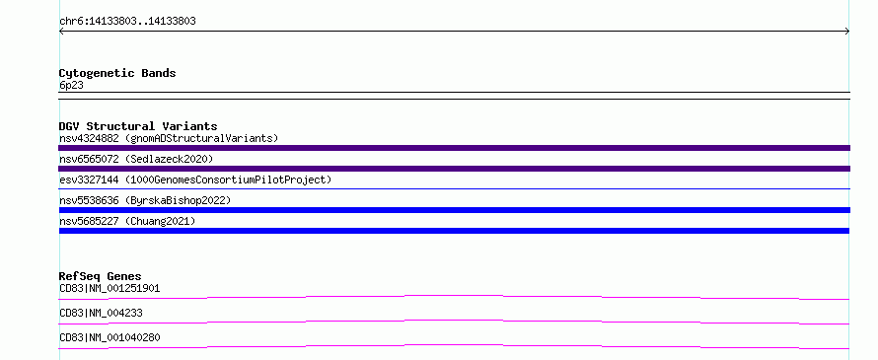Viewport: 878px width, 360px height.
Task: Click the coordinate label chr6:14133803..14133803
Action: (x=127, y=22)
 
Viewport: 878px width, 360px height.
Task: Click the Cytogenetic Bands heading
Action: (x=117, y=73)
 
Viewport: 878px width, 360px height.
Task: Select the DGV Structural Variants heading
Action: (x=138, y=126)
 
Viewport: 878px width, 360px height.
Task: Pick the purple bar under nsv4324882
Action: (x=454, y=148)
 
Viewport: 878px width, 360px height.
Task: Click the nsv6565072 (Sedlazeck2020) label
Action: (x=136, y=159)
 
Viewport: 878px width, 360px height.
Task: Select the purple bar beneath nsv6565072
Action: (x=454, y=169)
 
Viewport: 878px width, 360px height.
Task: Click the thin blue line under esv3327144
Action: (x=454, y=188)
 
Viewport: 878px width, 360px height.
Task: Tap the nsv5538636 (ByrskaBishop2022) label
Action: (x=145, y=200)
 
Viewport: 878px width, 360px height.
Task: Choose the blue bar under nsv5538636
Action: (x=454, y=210)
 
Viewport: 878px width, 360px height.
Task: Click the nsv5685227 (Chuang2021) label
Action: (x=127, y=221)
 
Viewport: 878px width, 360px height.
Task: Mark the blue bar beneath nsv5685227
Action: (x=454, y=231)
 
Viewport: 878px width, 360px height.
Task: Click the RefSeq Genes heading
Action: (x=101, y=276)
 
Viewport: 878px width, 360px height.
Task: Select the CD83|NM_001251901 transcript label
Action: (x=110, y=288)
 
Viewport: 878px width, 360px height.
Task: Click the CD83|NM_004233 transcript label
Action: (x=101, y=313)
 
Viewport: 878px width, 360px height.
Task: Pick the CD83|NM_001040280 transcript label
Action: (x=110, y=337)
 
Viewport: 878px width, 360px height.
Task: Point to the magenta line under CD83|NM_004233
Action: (x=454, y=322)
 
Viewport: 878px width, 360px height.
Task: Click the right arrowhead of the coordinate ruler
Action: (x=847, y=32)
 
